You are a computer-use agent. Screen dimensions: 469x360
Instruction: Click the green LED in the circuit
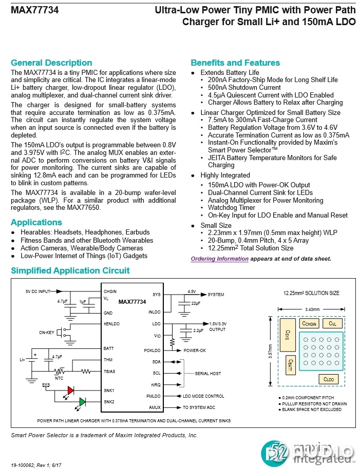pos(82,401)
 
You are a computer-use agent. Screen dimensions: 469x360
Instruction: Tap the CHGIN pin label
pos(110,291)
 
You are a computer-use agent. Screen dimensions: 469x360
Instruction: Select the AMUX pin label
pos(155,407)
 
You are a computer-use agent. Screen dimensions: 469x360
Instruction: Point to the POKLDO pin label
pos(153,350)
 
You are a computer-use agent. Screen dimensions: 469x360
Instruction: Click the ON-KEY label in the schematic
pos(46,333)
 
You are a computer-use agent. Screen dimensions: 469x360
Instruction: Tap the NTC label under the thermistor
pos(60,378)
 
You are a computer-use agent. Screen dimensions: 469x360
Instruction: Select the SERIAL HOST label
pos(209,374)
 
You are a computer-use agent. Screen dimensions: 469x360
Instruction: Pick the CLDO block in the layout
pos(328,379)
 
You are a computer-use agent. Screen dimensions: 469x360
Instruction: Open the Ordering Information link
pos(219,259)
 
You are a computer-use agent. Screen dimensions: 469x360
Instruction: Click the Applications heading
pos(36,222)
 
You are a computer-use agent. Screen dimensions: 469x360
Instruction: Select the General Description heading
pos(51,63)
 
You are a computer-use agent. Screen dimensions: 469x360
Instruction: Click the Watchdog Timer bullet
pos(232,208)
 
